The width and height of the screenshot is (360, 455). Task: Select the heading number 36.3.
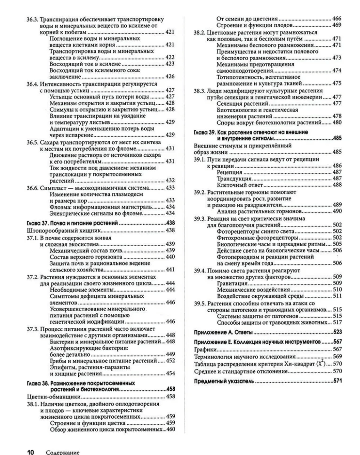[x=32, y=19]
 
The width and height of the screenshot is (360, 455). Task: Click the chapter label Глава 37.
[x=37, y=223]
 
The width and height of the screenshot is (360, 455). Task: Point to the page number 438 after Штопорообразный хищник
[x=170, y=230]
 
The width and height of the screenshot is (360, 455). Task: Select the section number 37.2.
[x=32, y=277]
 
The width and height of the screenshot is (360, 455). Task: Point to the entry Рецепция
[x=230, y=172]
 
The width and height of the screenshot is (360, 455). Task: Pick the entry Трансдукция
[x=234, y=178]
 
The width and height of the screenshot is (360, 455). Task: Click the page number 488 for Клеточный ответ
[x=337, y=185]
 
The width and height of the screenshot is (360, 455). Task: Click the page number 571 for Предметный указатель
[x=337, y=381]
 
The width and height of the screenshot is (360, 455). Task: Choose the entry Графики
[x=205, y=349]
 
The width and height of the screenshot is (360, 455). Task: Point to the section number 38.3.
[x=199, y=91]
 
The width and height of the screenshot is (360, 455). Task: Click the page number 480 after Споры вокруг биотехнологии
[x=337, y=123]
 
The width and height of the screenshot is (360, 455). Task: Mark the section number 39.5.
[x=200, y=303]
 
